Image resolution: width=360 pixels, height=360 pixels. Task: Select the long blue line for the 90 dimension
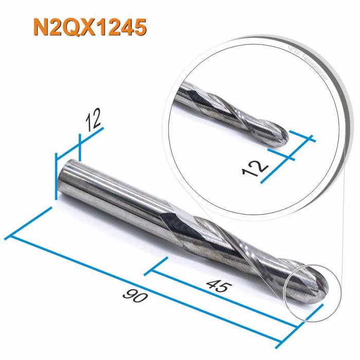coord(154,285)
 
